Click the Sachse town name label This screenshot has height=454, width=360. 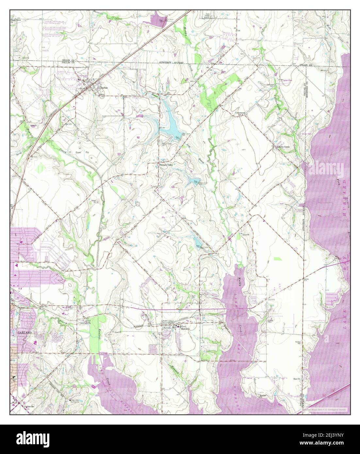click(104, 88)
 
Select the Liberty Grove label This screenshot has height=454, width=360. click(283, 147)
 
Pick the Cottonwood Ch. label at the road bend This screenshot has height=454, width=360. click(241, 113)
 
